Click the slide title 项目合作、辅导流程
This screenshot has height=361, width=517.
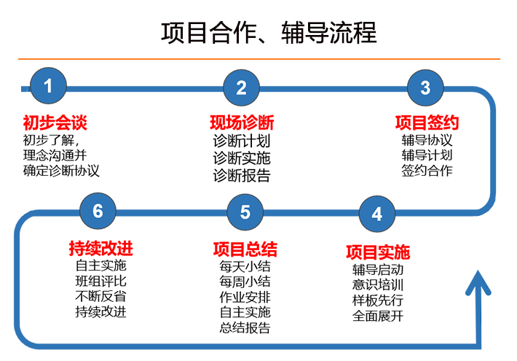click(x=269, y=33)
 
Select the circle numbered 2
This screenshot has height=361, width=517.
click(x=241, y=88)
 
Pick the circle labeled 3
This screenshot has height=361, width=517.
click(x=425, y=88)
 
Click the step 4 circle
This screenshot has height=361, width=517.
click(x=376, y=214)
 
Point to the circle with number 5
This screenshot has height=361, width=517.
click(x=245, y=211)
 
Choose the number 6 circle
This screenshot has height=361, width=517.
click(x=98, y=211)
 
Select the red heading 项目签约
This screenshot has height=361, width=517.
click(x=427, y=122)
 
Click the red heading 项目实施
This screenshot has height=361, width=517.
click(x=378, y=252)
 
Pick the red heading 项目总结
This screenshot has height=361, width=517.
click(x=245, y=249)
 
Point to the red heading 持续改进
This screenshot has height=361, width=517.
click(x=100, y=249)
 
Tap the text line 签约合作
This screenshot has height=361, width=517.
click(x=427, y=171)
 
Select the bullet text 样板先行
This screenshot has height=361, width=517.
click(x=378, y=300)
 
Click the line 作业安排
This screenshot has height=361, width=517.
click(x=245, y=297)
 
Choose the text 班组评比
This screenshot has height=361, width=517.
click(x=100, y=281)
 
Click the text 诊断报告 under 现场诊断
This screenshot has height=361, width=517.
click(x=242, y=176)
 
